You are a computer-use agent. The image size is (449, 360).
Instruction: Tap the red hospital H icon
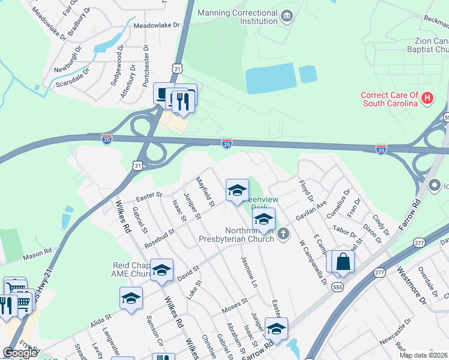(427, 97)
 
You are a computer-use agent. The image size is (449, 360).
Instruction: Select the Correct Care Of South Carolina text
(389, 99)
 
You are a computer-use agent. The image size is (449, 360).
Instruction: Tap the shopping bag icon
(343, 262)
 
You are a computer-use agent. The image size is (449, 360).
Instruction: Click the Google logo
(20, 353)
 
